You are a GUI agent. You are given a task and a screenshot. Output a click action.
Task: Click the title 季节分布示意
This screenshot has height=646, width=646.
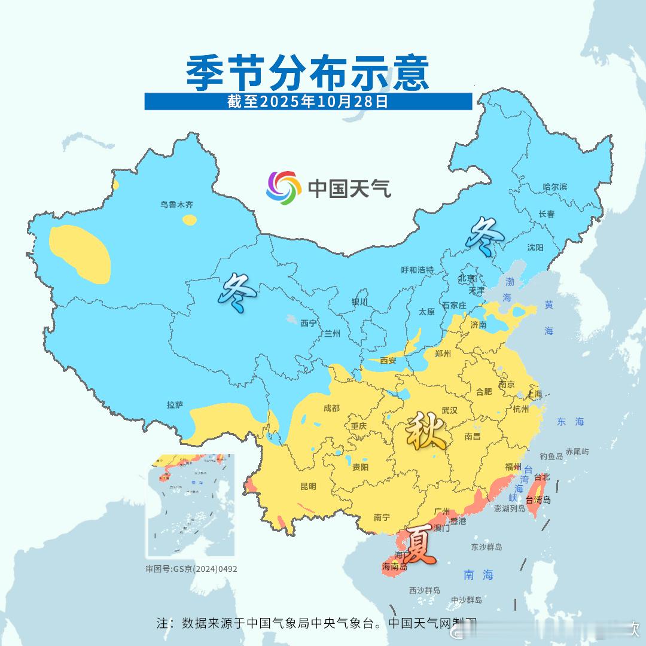click(x=308, y=73)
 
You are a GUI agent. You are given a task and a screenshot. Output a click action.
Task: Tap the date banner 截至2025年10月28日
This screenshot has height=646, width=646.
click(x=308, y=101)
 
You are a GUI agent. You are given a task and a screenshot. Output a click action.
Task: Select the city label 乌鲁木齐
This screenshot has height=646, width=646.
click(x=176, y=205)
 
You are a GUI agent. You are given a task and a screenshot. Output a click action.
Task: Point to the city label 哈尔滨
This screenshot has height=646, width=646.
click(x=554, y=187)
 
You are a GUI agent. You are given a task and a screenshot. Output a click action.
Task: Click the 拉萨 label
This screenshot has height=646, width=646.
click(x=175, y=405)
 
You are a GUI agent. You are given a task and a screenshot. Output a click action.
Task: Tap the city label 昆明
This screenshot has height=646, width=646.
click(x=308, y=486)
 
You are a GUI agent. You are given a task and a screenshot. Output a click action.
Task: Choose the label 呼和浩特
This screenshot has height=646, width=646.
click(x=417, y=270)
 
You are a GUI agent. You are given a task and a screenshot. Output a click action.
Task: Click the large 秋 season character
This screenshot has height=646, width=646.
click(x=425, y=432)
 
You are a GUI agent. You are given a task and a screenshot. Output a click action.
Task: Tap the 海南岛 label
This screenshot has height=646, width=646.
click(x=394, y=566)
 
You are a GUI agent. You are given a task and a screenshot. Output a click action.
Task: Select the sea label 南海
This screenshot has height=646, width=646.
click(x=479, y=575)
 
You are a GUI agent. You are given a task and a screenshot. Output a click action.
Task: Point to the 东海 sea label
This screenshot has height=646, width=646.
click(x=569, y=422)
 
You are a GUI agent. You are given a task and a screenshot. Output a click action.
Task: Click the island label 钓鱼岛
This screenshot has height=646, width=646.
click(x=551, y=456)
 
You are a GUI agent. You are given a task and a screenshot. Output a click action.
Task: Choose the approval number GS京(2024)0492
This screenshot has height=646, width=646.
click(x=191, y=569)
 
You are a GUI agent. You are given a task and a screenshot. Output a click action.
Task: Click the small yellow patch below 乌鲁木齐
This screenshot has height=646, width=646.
click(x=190, y=220)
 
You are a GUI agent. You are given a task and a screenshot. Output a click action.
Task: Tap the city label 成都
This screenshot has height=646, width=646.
click(x=331, y=409)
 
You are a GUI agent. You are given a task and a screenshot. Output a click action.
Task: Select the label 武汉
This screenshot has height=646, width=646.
click(x=449, y=410)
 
